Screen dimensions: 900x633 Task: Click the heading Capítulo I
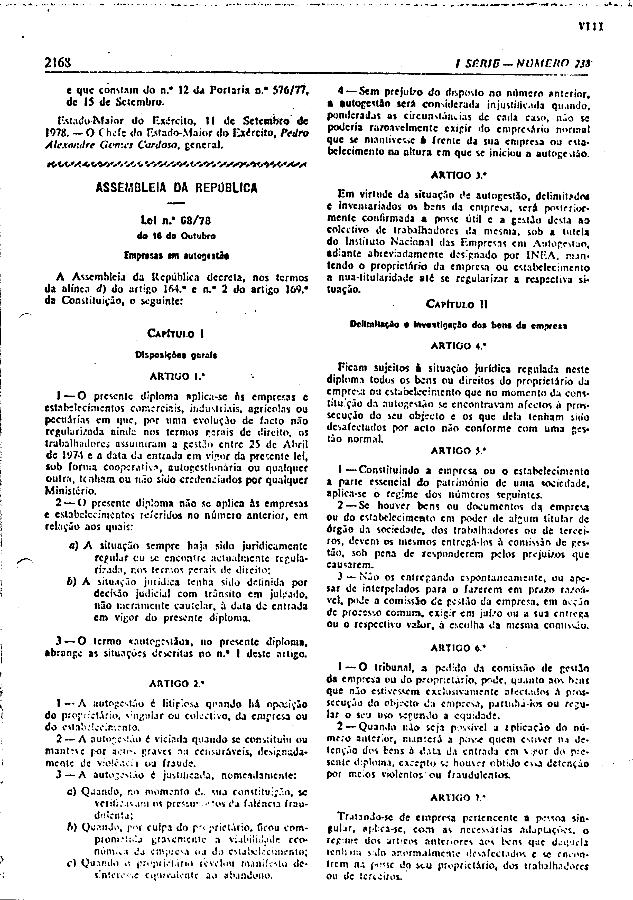pyautogui.click(x=176, y=334)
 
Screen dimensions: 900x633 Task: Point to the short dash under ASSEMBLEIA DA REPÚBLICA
pyautogui.click(x=177, y=203)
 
